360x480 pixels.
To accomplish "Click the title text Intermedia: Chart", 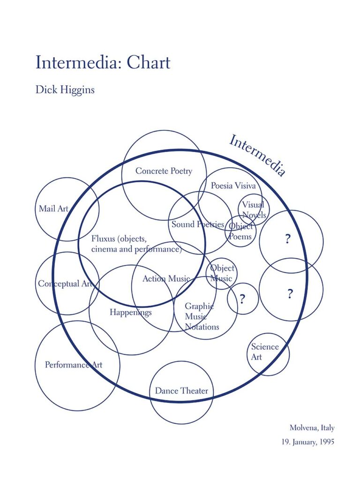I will pyautogui.click(x=103, y=62).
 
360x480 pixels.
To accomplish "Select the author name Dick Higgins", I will pyautogui.click(x=65, y=89).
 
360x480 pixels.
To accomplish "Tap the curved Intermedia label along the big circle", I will pyautogui.click(x=257, y=155).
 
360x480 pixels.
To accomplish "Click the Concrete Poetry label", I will pyautogui.click(x=164, y=171).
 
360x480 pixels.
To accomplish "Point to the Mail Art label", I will pyautogui.click(x=53, y=209).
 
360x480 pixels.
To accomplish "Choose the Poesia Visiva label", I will pyautogui.click(x=233, y=186).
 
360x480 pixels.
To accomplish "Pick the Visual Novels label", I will pyautogui.click(x=254, y=210).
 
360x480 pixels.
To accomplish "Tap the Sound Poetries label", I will pyautogui.click(x=197, y=224).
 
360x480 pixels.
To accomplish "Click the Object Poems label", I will pyautogui.click(x=240, y=232).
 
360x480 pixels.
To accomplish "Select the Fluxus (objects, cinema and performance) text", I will pyautogui.click(x=136, y=244).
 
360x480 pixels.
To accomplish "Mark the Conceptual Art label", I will pyautogui.click(x=66, y=284).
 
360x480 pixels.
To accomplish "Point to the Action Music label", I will pyautogui.click(x=166, y=278).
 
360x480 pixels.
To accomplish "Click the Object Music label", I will pyautogui.click(x=221, y=273).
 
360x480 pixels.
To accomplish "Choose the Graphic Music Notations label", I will pyautogui.click(x=202, y=316).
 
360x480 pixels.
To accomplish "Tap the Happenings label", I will pyautogui.click(x=131, y=312).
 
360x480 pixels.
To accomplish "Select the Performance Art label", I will pyautogui.click(x=74, y=365).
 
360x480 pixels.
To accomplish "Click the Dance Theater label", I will pyautogui.click(x=181, y=390).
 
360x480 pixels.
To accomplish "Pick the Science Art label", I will pyautogui.click(x=264, y=352).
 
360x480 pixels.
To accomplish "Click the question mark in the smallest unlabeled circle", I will pyautogui.click(x=242, y=299).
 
